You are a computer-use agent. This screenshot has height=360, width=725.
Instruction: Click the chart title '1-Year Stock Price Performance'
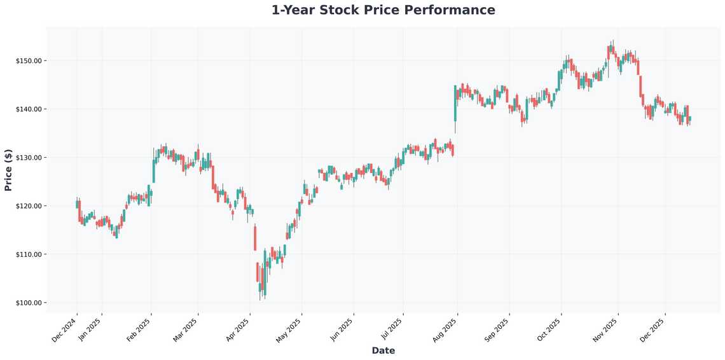(383, 10)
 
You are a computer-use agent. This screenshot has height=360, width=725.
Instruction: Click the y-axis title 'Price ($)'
(8, 170)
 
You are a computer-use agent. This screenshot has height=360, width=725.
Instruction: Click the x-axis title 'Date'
(383, 350)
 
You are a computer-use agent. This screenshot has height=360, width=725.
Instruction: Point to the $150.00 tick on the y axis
(29, 61)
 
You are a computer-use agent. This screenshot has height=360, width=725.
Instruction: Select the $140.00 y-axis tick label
(29, 109)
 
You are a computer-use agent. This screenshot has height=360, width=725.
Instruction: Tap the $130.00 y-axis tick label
(29, 158)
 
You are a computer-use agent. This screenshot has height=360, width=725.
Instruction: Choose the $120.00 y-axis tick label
(29, 206)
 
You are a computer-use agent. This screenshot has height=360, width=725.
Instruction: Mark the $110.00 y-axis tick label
(29, 254)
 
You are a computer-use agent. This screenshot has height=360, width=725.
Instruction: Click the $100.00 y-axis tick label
(29, 303)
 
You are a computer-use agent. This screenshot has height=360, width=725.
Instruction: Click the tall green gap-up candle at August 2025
(455, 103)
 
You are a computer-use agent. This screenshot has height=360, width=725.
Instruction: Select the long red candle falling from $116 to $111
(255, 238)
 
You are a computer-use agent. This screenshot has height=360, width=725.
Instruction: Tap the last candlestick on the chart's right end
(689, 119)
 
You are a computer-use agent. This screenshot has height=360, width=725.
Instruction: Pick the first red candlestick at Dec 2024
(79, 211)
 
